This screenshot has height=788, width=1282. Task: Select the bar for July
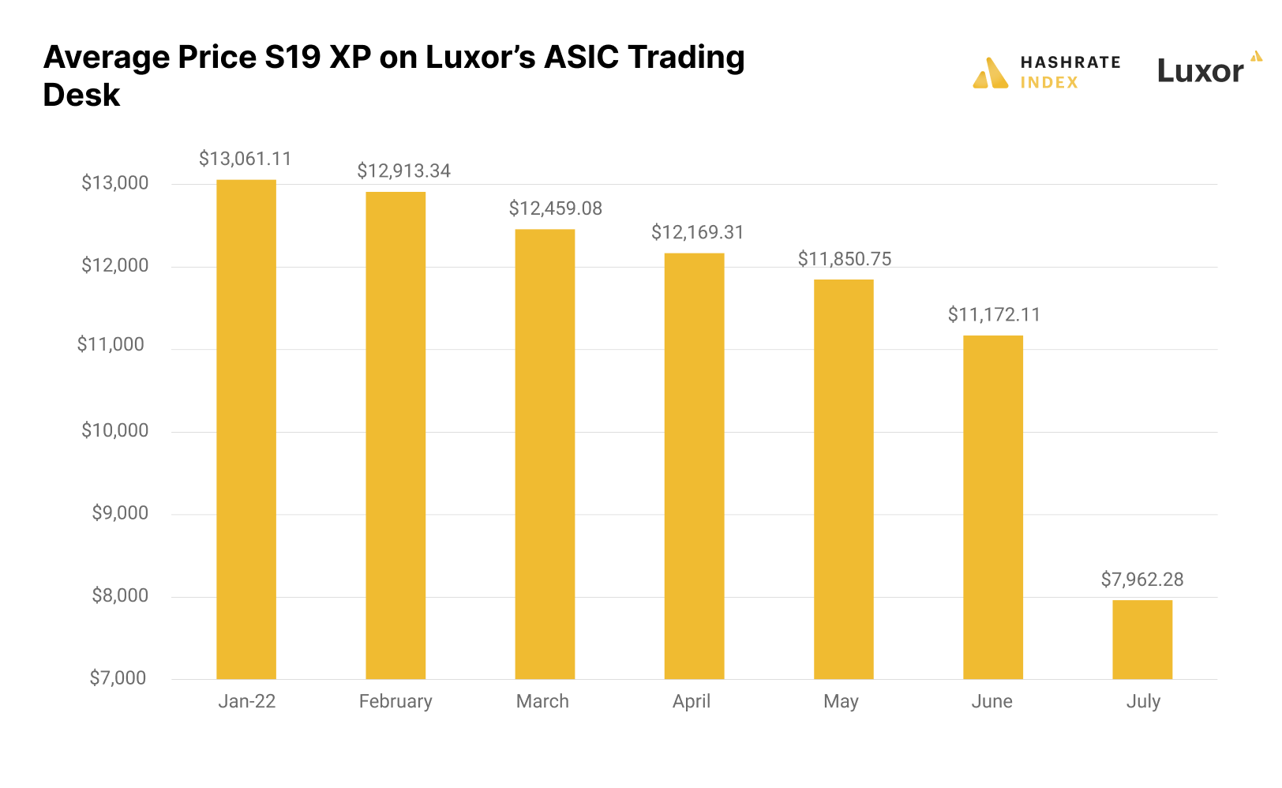point(1141,639)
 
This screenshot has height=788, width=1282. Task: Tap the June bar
point(992,506)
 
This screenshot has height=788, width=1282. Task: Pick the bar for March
point(545,453)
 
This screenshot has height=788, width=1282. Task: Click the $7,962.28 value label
point(1141,580)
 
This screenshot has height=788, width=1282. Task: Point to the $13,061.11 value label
point(245,159)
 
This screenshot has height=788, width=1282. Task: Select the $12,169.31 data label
point(697,232)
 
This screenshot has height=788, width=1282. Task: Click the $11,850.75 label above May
point(844,259)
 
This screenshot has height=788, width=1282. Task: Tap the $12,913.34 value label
point(403,171)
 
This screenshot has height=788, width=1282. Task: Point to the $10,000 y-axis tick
point(114,430)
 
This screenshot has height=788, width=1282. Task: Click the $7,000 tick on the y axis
point(118,678)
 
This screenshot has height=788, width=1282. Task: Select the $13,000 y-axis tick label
point(114,183)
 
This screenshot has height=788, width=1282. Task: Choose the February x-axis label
point(395,701)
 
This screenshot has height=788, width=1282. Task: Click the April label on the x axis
point(692,701)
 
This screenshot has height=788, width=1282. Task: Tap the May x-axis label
point(841,701)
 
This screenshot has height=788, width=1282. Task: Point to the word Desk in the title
point(81,96)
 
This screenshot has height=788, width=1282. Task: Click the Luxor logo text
point(1200,72)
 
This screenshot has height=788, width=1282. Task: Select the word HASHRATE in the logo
point(1070,62)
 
